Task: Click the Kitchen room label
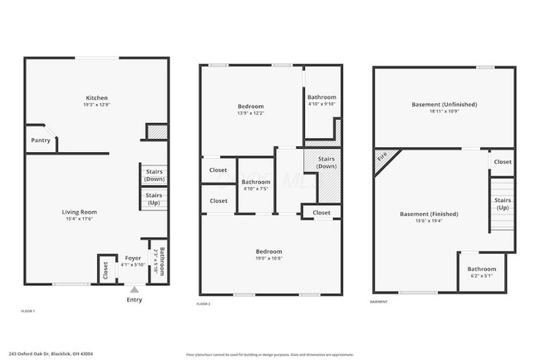[x=96, y=97]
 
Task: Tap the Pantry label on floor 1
[x=41, y=141]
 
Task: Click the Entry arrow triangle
[x=134, y=289]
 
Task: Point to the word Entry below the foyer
[x=134, y=300]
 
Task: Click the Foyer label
[x=133, y=258]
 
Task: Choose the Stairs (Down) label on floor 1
[x=155, y=175]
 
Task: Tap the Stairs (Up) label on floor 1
[x=155, y=200]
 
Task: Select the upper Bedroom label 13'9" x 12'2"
[x=251, y=106]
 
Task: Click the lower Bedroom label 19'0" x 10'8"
[x=268, y=251]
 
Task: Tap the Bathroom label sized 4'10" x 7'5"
[x=255, y=182]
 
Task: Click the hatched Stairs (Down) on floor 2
[x=326, y=162]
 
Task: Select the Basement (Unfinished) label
[x=444, y=105]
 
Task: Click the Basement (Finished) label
[x=429, y=214]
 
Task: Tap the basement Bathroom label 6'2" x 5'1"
[x=481, y=269]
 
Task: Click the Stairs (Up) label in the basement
[x=503, y=204]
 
